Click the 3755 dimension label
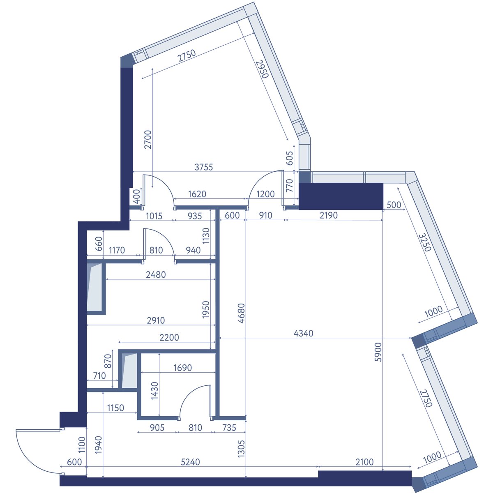(204, 167)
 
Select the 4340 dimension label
(304, 333)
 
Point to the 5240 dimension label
(190, 462)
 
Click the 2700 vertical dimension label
(148, 139)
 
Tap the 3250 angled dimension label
(425, 242)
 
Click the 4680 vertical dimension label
(241, 313)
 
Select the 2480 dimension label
(156, 274)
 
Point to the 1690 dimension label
(183, 368)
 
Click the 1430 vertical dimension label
(155, 391)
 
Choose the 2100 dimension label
(364, 462)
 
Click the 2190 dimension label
(329, 215)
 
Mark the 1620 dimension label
(197, 194)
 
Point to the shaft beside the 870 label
(129, 371)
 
